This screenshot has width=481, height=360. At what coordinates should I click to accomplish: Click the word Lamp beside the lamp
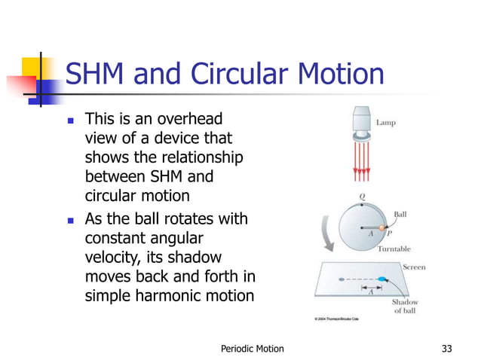point(385,122)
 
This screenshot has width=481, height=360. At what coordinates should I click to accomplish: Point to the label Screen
point(414,267)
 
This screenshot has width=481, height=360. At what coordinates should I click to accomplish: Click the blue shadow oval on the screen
point(381,281)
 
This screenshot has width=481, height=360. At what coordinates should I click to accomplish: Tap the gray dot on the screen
point(342,280)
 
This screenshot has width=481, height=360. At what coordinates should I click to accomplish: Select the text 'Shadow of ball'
point(405,307)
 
